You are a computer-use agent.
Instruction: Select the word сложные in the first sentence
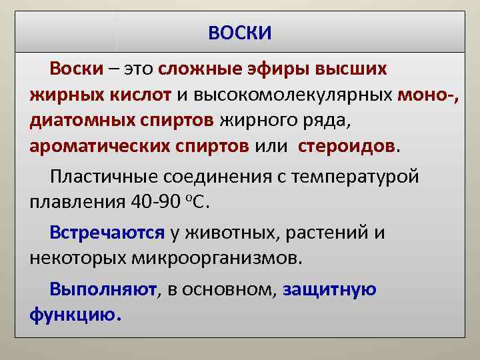coord(210,69)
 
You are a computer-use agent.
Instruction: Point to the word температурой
coord(357,177)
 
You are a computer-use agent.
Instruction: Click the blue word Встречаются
coord(107,233)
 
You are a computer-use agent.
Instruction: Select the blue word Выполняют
coord(103,289)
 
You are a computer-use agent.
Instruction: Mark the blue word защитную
coord(330,289)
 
